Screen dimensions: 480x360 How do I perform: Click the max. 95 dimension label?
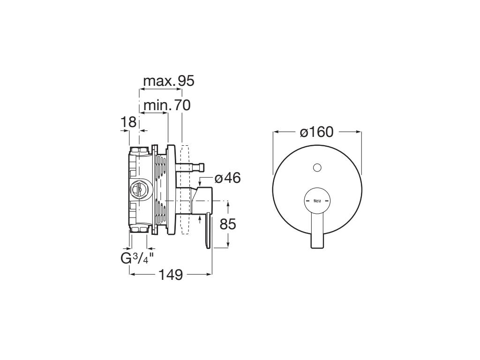[x=169, y=81]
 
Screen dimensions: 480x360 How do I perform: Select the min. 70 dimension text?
[x=167, y=105]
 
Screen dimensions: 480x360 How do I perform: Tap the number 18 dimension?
[x=128, y=122]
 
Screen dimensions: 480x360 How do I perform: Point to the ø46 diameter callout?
[x=227, y=178]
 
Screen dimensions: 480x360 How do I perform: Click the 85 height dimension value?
[x=228, y=224]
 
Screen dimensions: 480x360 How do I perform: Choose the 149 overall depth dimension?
[x=171, y=275]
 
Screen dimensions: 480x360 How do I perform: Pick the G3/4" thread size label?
[x=136, y=258]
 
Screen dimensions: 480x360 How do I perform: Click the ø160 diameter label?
[x=316, y=132]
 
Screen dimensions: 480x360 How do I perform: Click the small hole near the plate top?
[x=317, y=167]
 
